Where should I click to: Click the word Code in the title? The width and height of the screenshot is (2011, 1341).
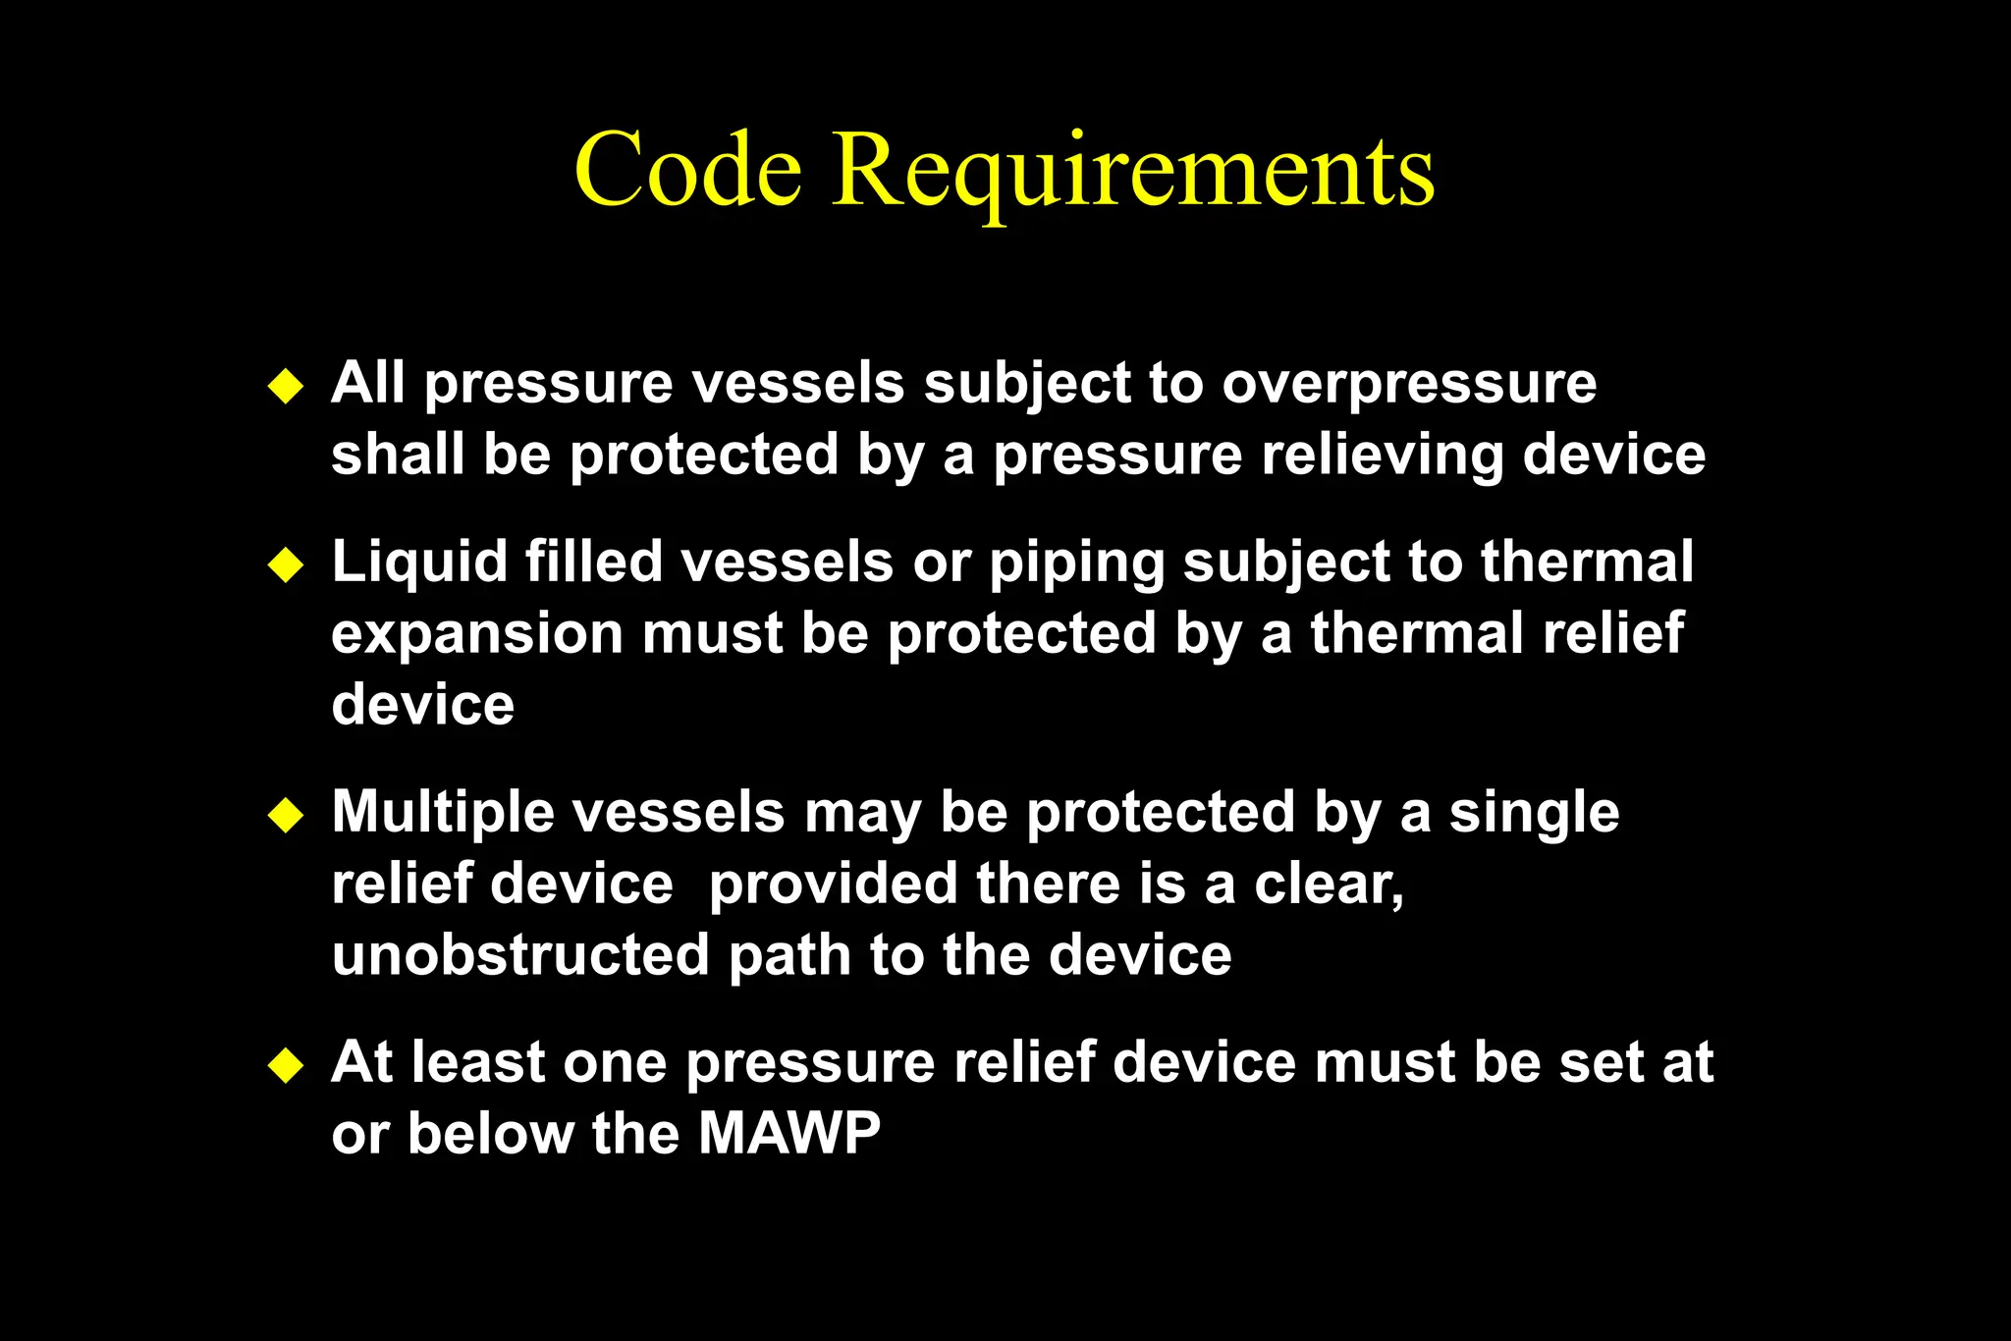pyautogui.click(x=687, y=171)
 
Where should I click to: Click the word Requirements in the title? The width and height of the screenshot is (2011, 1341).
pyautogui.click(x=1133, y=173)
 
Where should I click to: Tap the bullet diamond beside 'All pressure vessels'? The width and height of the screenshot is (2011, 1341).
pyautogui.click(x=286, y=386)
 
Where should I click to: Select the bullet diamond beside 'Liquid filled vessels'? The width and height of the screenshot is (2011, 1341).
pyautogui.click(x=286, y=565)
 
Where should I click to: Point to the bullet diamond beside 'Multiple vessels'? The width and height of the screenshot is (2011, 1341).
pyautogui.click(x=286, y=816)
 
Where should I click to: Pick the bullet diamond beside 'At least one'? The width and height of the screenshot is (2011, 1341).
pyautogui.click(x=286, y=1065)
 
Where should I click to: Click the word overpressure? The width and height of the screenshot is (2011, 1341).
pyautogui.click(x=1409, y=383)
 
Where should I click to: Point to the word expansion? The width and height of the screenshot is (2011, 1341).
pyautogui.click(x=477, y=634)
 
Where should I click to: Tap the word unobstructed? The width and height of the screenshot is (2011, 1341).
pyautogui.click(x=520, y=955)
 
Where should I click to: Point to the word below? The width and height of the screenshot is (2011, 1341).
pyautogui.click(x=490, y=1134)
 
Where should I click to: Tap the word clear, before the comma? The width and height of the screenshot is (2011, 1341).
pyautogui.click(x=1325, y=885)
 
